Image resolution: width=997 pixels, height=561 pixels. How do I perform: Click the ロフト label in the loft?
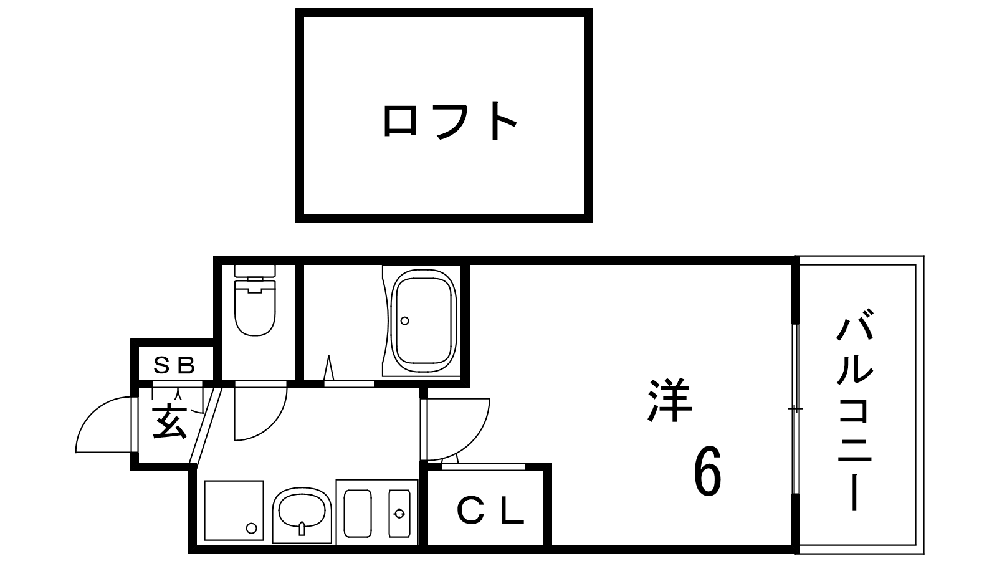coord(449,121)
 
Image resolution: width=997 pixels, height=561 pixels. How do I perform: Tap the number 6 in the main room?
coord(707,471)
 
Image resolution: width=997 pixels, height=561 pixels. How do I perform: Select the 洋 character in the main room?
coord(669,400)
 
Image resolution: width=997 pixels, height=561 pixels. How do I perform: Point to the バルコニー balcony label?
coord(854,410)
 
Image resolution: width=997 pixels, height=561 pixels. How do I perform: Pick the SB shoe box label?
coord(174,365)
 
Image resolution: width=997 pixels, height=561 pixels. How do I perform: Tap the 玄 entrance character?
coord(169,423)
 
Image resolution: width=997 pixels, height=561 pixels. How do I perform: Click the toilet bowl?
coord(255,307)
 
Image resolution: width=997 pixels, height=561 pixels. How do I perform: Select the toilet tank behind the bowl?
coord(255,271)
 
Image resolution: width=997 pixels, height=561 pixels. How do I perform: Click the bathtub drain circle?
coord(404,320)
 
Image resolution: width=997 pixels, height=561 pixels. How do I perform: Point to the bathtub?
coord(423,320)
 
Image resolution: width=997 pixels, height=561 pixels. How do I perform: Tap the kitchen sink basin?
coord(302,511)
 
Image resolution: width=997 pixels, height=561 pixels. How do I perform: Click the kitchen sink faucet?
coord(302,529)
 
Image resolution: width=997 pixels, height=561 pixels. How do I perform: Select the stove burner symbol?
coord(399,514)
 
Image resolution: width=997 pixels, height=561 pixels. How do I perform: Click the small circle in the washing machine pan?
coord(252,529)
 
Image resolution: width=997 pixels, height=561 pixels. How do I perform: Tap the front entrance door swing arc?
coord(96,412)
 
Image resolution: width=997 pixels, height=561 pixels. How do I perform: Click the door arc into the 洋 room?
coord(475,439)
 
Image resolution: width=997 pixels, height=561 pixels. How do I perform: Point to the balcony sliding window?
coord(796,409)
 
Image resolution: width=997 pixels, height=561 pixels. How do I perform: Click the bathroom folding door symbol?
coord(329,368)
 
